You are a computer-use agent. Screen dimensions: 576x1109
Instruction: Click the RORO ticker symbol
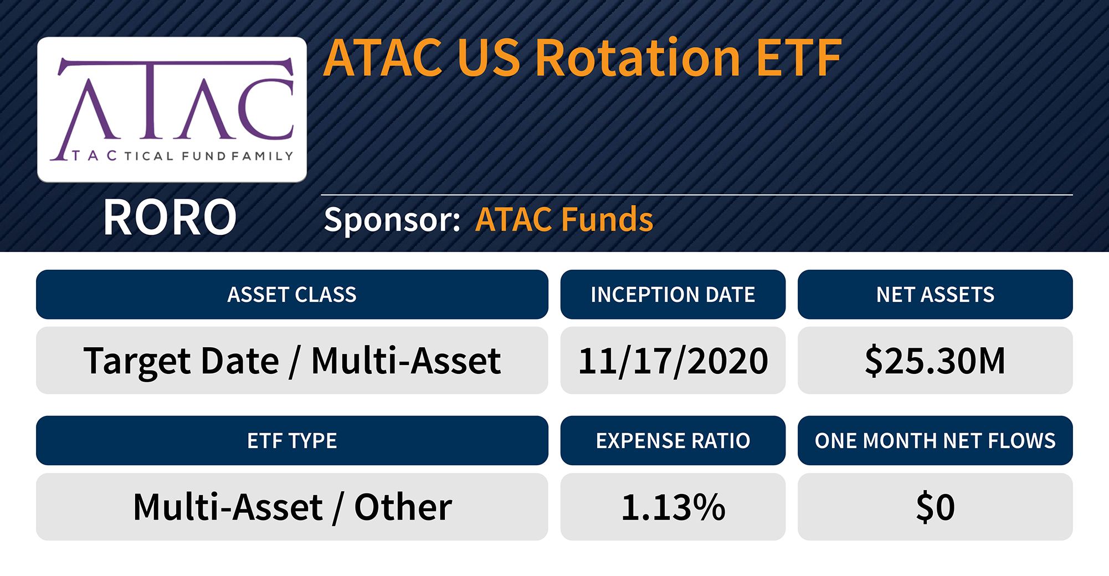[170, 218]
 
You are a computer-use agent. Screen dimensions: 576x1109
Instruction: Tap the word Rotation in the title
[637, 58]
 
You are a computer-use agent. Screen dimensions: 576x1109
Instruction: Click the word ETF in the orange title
[798, 58]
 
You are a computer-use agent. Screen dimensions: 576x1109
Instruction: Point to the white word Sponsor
[391, 219]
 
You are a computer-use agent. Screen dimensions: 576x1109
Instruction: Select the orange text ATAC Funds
[564, 219]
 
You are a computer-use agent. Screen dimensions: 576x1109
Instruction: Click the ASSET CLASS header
[292, 295]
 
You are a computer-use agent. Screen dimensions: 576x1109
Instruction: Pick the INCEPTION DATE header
[672, 295]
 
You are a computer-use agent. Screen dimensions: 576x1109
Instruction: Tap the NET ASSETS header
[935, 295]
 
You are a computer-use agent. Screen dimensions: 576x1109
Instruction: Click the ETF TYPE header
[292, 441]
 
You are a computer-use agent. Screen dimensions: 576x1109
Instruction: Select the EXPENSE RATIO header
[672, 441]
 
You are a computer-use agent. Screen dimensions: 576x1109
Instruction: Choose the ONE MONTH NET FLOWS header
[935, 441]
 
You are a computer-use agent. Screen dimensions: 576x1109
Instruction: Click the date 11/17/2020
[672, 361]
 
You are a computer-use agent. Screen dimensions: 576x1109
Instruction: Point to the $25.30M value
[935, 361]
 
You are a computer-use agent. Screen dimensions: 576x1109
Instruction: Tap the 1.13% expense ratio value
[672, 507]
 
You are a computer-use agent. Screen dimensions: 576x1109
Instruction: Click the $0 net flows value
[935, 507]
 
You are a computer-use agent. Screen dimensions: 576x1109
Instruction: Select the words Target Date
[181, 361]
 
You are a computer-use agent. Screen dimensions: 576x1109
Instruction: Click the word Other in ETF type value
[403, 507]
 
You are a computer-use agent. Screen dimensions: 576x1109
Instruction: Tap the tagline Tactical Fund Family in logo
[183, 156]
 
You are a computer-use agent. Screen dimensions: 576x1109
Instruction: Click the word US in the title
[488, 58]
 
